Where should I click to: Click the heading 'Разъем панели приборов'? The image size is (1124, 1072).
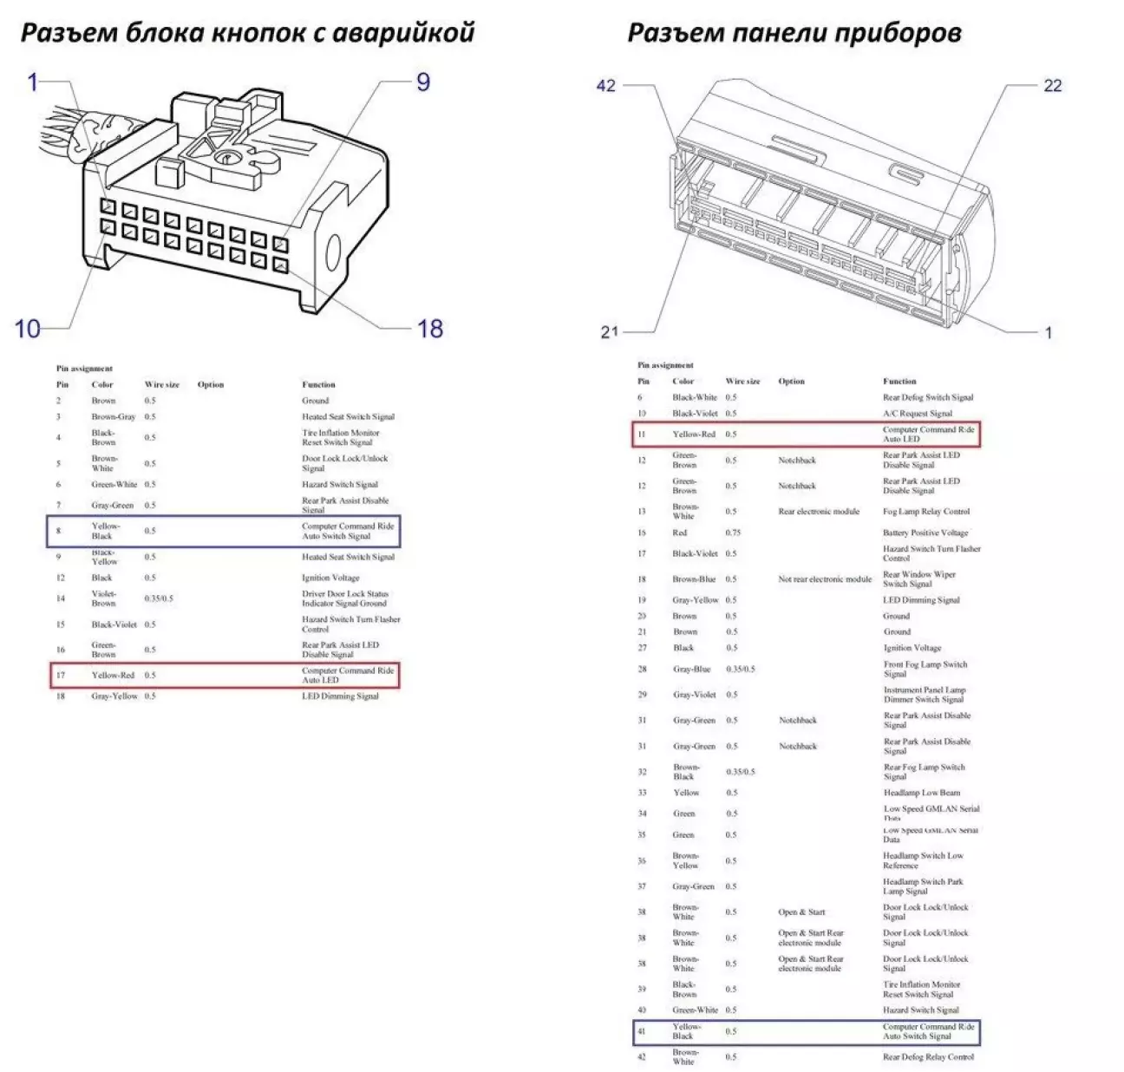coord(794,33)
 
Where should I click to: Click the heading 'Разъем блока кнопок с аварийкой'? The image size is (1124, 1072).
coord(247,33)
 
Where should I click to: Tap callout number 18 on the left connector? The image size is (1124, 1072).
coord(429,329)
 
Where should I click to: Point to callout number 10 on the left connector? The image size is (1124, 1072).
coord(28,329)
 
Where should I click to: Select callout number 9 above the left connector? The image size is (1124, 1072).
coord(422,82)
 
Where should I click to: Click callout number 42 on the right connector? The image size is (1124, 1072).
coord(605,86)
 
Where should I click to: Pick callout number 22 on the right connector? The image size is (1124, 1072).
coord(1052,86)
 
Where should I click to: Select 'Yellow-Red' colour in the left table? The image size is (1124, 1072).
coord(113,675)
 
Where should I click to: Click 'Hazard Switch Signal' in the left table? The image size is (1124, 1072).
coord(340,484)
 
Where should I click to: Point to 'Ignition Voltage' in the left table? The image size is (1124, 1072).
coord(330,578)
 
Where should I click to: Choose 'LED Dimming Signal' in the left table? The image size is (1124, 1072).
coord(340,696)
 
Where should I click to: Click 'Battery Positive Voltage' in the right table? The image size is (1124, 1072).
coord(925,533)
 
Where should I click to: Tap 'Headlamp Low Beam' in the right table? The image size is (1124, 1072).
coord(921,793)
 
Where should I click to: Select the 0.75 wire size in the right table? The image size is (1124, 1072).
coord(733,533)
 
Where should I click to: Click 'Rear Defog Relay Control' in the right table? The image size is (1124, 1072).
coord(928,1056)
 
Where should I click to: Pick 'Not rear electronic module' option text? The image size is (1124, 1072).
coord(825,579)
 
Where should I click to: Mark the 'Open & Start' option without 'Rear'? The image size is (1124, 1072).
coord(801,912)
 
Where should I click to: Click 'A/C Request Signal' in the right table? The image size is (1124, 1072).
coord(918,414)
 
